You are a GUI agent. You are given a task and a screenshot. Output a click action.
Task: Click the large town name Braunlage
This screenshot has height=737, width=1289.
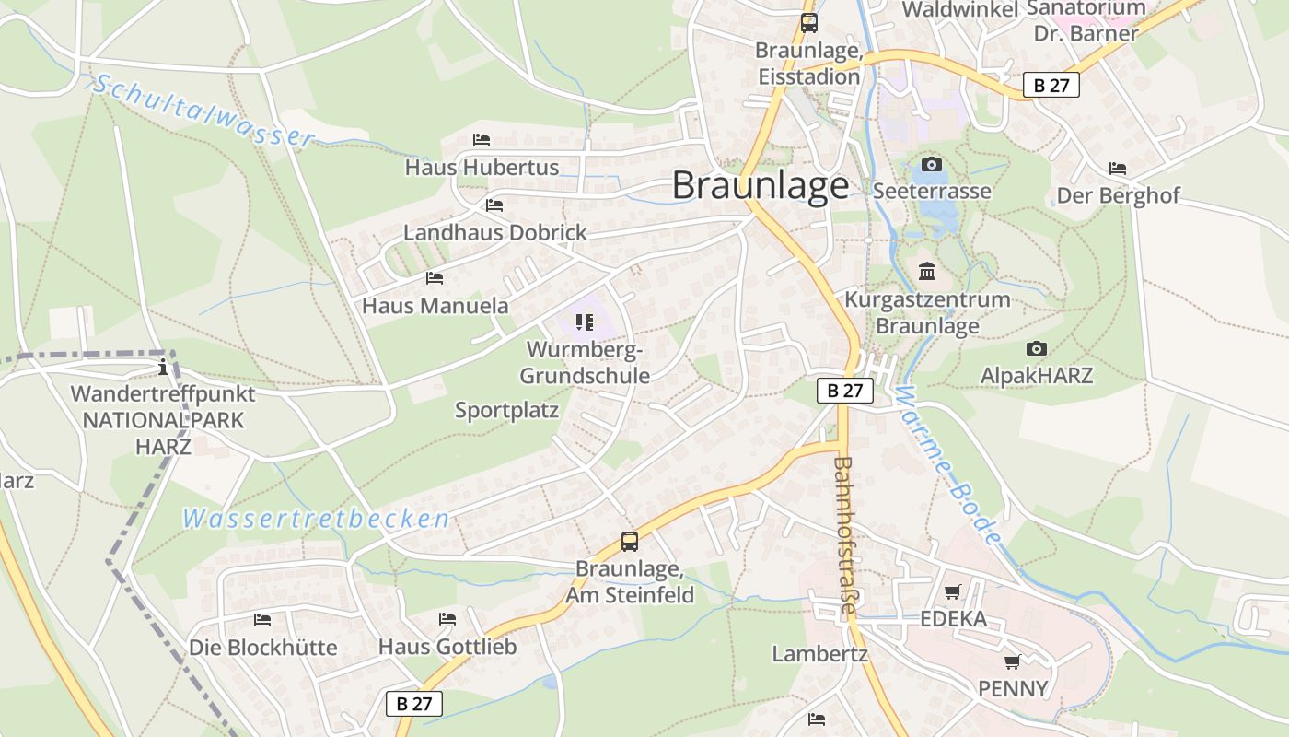pos(761,185)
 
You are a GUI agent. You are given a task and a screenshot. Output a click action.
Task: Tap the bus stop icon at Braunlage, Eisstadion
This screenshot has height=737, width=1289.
pos(809,23)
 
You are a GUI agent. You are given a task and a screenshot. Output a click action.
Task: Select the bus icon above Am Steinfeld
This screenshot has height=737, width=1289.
pos(630,542)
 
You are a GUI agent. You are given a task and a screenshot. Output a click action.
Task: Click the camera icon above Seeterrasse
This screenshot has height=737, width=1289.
pos(932,165)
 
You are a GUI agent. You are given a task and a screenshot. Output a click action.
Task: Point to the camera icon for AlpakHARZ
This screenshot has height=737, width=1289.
pos(1037,349)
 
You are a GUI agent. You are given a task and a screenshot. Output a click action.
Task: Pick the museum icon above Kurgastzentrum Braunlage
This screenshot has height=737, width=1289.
pos(927,273)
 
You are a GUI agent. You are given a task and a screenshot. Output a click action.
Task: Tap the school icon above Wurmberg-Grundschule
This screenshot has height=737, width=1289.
pos(585,322)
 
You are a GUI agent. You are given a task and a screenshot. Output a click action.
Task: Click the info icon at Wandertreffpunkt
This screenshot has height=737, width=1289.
pos(163,368)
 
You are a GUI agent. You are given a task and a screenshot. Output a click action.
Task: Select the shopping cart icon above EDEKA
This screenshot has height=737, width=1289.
pos(953,591)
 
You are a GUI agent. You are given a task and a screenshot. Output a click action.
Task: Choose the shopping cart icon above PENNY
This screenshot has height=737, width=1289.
pos(1013,661)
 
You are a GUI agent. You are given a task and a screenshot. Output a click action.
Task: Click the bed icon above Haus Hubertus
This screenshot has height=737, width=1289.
pos(482,140)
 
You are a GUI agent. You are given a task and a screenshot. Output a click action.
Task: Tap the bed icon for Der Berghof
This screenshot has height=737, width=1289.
pos(1118,169)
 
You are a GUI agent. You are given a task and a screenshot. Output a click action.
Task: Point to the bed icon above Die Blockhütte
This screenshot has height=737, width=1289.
pos(262,620)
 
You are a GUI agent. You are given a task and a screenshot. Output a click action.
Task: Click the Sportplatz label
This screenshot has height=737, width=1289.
pos(507,410)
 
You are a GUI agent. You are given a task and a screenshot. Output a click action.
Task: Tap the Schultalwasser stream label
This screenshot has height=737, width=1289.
pos(203,111)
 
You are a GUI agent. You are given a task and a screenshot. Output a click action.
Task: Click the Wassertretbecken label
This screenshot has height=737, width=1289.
pos(316,519)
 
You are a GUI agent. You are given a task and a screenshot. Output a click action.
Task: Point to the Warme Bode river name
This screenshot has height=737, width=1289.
pos(945,465)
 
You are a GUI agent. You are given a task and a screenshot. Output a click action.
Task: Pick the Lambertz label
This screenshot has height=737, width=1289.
pos(819,654)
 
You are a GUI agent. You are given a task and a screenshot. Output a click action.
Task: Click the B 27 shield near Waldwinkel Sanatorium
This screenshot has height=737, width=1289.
pos(1051,86)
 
